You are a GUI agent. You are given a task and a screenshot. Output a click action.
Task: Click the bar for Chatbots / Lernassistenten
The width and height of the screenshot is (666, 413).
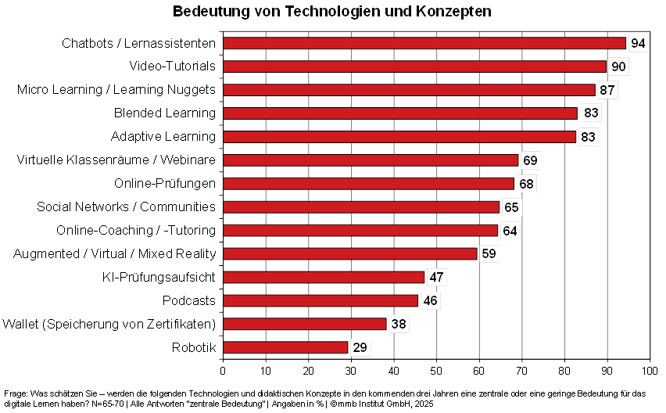pyautogui.click(x=424, y=43)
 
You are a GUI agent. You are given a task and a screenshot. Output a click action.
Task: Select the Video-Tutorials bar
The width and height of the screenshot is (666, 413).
pyautogui.click(x=415, y=66)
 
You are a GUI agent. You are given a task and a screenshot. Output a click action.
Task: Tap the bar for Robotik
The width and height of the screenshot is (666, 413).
pyautogui.click(x=285, y=347)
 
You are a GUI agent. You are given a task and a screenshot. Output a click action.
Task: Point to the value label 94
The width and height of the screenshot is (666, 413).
pyautogui.click(x=638, y=43)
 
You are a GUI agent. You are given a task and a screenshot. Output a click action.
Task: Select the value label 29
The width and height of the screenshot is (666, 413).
pyautogui.click(x=360, y=347)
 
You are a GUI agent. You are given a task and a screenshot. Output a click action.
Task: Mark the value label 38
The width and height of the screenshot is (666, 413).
pyautogui.click(x=399, y=324)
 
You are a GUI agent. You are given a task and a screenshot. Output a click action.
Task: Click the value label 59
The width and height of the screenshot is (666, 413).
pyautogui.click(x=489, y=253)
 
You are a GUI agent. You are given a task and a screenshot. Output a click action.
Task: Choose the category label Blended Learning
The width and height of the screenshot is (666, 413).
pyautogui.click(x=164, y=113)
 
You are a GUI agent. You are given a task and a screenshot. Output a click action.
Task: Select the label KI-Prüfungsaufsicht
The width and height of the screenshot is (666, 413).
pyautogui.click(x=159, y=277)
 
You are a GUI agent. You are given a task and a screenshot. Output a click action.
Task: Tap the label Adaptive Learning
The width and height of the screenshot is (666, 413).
pyautogui.click(x=163, y=137)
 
